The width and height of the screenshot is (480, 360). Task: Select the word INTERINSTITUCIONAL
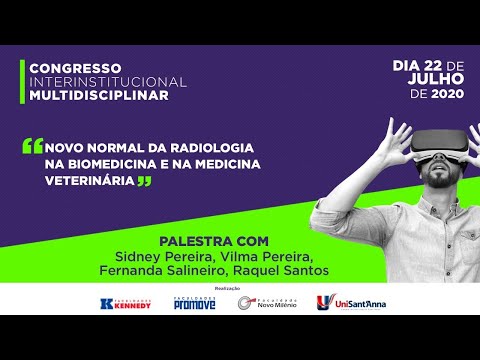click(107, 80)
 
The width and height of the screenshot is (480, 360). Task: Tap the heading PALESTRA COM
click(214, 241)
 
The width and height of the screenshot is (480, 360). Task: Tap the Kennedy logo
click(127, 303)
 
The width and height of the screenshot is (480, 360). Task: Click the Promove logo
click(194, 303)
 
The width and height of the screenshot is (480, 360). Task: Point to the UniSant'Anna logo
click(350, 303)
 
